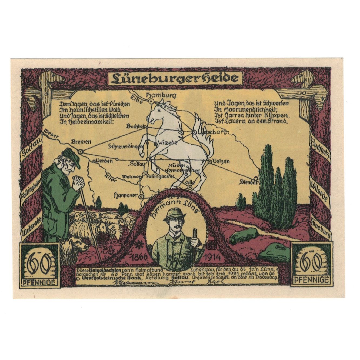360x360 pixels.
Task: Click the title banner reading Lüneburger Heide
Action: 174,78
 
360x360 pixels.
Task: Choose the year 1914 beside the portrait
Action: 212,257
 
